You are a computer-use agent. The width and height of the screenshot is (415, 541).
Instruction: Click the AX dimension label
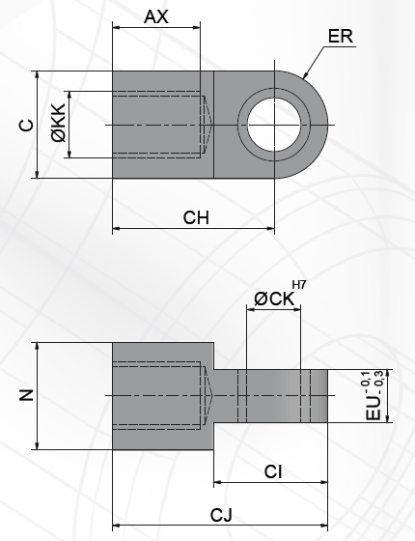click(x=157, y=16)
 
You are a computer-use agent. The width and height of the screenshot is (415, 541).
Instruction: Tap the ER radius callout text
click(x=340, y=38)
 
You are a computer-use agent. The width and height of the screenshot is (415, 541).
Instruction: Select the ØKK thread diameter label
click(x=60, y=125)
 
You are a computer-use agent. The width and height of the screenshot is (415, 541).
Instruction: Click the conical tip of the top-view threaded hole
click(x=207, y=125)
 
